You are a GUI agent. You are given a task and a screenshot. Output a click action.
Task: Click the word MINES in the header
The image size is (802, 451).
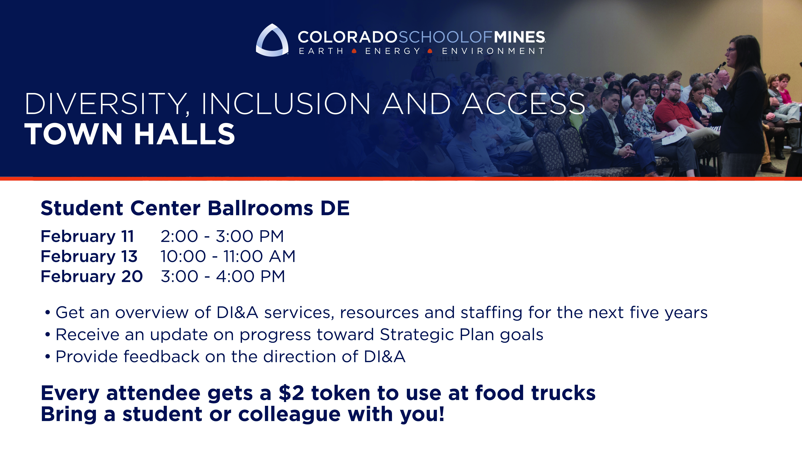519,37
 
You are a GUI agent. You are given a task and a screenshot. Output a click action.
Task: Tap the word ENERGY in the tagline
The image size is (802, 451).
393,51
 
